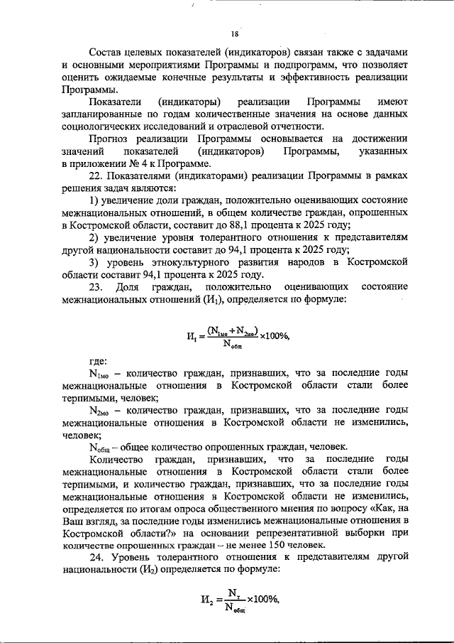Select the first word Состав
(x=106, y=52)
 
